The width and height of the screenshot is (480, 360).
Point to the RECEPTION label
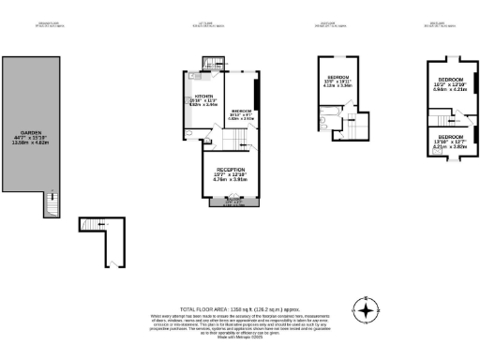click(x=229, y=167)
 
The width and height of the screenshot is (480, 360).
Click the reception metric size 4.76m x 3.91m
click(x=229, y=178)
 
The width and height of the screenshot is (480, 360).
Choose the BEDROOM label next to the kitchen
click(x=240, y=110)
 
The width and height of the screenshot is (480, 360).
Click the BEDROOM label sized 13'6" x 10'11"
click(x=337, y=76)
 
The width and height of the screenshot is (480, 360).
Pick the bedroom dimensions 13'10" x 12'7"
click(x=448, y=142)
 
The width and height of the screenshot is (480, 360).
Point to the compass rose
click(x=366, y=309)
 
